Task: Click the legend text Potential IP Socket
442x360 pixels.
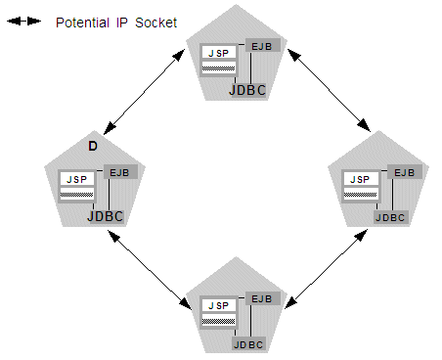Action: point(115,22)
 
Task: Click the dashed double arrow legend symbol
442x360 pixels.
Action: point(23,22)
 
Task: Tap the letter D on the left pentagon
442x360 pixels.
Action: point(92,146)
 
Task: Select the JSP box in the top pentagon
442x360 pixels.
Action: point(218,54)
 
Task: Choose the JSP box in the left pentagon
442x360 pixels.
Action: point(76,180)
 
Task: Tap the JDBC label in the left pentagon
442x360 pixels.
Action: point(106,216)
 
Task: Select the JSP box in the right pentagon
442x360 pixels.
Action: point(359,179)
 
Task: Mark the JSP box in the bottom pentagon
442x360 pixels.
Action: point(218,305)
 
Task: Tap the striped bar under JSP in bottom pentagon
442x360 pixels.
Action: point(218,319)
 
